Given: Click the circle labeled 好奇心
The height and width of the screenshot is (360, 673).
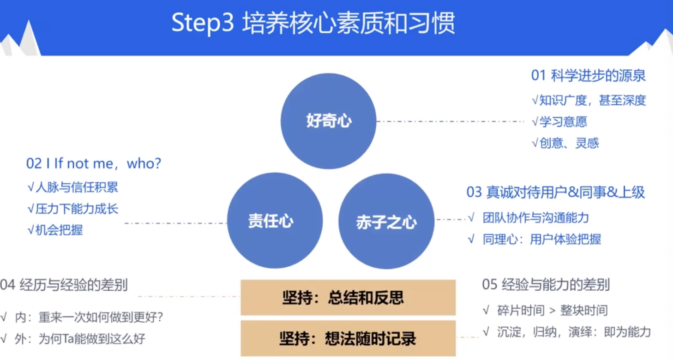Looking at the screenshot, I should tap(329, 121).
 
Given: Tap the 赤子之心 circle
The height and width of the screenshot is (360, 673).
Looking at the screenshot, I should tap(386, 222).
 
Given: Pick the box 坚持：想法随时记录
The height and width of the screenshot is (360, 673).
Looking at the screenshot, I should tap(348, 338).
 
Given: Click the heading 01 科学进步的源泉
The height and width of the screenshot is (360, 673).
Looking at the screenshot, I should tap(588, 76).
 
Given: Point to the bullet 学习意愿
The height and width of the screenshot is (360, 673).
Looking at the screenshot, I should tap(559, 122).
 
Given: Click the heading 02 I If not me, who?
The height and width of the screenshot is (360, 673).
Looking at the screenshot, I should tap(94, 163).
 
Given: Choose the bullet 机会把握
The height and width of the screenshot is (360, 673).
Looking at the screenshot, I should tap(55, 230).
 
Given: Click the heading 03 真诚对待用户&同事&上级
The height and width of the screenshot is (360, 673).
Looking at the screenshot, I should tap(556, 192).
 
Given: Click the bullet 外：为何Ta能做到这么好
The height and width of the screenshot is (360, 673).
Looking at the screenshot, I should tap(74, 339).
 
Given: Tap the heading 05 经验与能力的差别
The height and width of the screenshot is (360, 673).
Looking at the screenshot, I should tap(546, 284).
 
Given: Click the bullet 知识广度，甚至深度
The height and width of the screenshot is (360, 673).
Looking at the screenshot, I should tap(589, 100).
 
